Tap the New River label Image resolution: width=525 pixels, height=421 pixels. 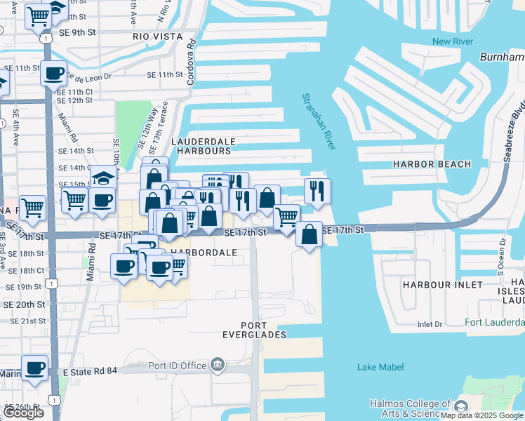(449, 41)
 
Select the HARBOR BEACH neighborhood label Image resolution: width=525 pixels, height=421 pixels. (432, 164)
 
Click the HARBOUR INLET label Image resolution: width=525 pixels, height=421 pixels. (442, 285)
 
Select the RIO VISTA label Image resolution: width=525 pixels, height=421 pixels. (157, 36)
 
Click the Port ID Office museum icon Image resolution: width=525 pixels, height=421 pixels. (218, 365)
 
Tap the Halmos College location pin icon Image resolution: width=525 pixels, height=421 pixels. (461, 407)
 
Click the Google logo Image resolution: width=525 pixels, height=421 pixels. (23, 413)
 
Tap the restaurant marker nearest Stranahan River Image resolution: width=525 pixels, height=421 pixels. (317, 190)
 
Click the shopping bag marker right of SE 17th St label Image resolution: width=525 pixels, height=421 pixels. (309, 234)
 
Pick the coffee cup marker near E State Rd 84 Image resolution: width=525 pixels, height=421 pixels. (34, 368)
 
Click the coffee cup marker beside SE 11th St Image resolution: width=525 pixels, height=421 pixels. (53, 72)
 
